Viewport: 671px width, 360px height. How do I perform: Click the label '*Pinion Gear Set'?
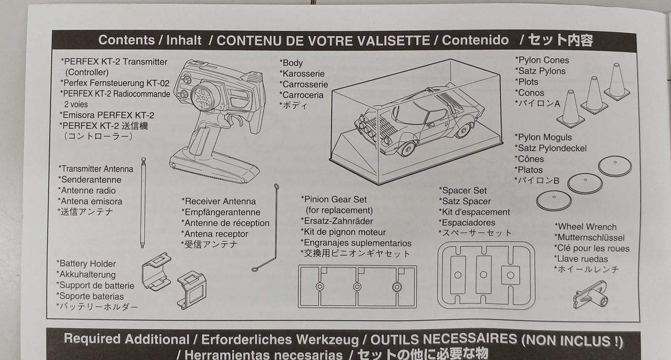(334, 200)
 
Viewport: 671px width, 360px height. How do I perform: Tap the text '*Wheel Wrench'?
(586, 227)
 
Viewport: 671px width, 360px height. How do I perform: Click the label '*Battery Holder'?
(86, 264)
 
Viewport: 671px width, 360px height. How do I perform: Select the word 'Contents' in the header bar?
(126, 40)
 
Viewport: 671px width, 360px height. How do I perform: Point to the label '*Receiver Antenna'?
(219, 201)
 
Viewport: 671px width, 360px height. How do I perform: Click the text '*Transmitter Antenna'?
(96, 169)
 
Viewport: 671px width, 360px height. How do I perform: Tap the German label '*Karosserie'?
(302, 74)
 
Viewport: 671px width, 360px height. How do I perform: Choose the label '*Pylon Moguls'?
(543, 137)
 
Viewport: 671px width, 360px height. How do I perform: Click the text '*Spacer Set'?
(463, 191)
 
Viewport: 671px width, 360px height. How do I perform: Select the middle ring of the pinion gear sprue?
(357, 287)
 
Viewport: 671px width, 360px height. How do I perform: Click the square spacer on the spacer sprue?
(511, 275)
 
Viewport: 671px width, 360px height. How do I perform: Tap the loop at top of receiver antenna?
(276, 187)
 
